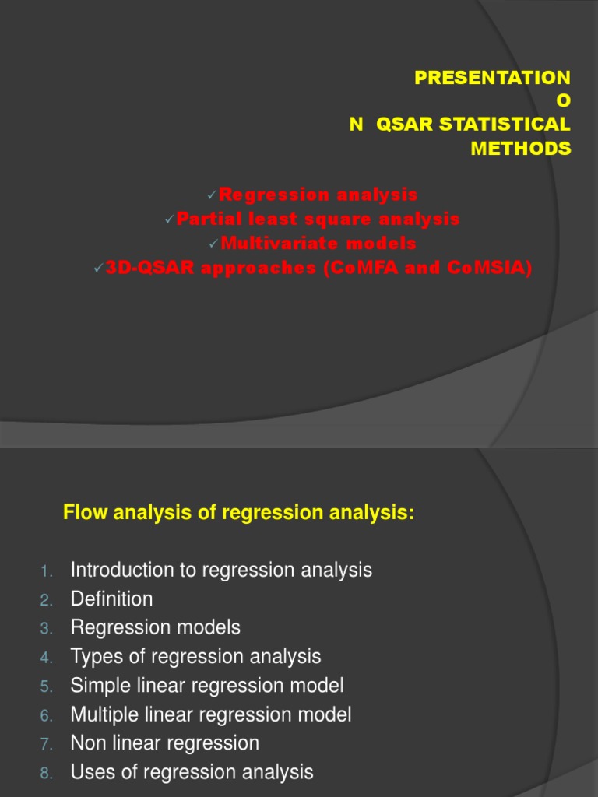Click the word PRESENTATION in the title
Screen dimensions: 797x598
(492, 78)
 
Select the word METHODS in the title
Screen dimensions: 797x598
(520, 148)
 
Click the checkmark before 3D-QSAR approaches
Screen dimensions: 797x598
(99, 269)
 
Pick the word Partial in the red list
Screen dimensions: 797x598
(203, 219)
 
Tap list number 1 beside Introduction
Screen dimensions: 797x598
(46, 572)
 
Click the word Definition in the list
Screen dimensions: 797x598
(111, 599)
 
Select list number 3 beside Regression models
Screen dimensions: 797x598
(46, 628)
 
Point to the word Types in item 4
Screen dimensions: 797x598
(95, 656)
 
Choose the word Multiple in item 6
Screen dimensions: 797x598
(102, 714)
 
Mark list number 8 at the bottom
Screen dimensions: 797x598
(46, 773)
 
